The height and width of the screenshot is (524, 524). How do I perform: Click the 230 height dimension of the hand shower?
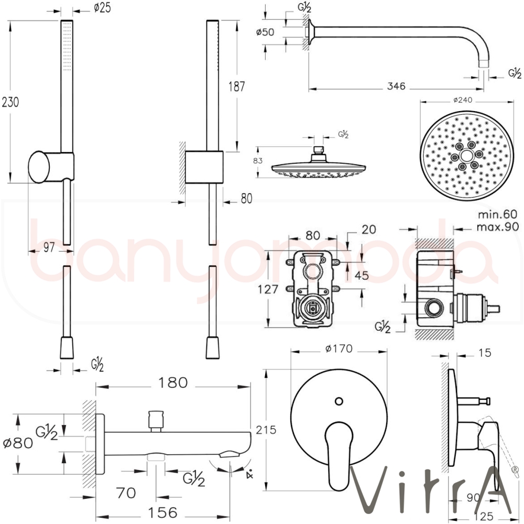pos(11,102)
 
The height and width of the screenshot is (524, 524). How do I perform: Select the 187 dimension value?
pos(237,86)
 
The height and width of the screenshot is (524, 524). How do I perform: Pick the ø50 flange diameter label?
pos(266,32)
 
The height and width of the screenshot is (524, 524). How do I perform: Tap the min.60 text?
pos(497,214)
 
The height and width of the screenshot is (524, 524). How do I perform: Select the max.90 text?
pos(497,226)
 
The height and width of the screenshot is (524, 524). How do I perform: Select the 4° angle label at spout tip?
pos(250,474)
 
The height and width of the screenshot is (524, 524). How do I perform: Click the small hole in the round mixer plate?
pos(339,401)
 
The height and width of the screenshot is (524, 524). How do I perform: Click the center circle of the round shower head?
pos(465,156)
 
